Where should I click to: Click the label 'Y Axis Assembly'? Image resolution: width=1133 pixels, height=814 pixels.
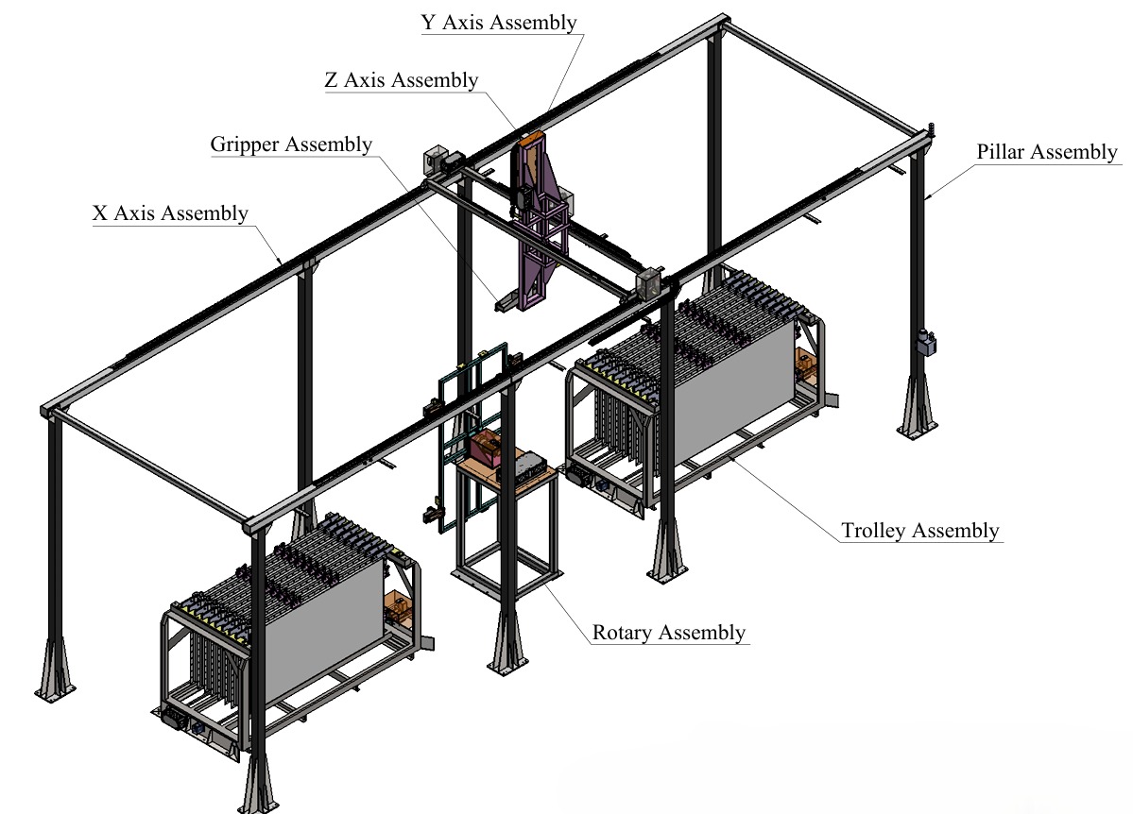pos(499,23)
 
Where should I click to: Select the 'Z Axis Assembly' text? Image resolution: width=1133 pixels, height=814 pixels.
pos(402,80)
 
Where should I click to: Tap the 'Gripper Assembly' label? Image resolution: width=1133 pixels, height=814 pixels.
pos(291,144)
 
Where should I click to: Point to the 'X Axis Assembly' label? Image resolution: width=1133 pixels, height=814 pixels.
pos(170,213)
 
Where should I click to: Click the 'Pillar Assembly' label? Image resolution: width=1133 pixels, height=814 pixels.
pos(1047,152)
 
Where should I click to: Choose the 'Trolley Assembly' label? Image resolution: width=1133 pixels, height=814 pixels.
pos(920,531)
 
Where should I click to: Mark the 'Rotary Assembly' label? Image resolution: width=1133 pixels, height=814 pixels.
pos(669,633)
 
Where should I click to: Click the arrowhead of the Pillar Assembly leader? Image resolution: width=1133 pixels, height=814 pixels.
pos(927,196)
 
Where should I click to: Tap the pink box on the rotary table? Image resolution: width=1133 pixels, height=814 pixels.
pos(489,447)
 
